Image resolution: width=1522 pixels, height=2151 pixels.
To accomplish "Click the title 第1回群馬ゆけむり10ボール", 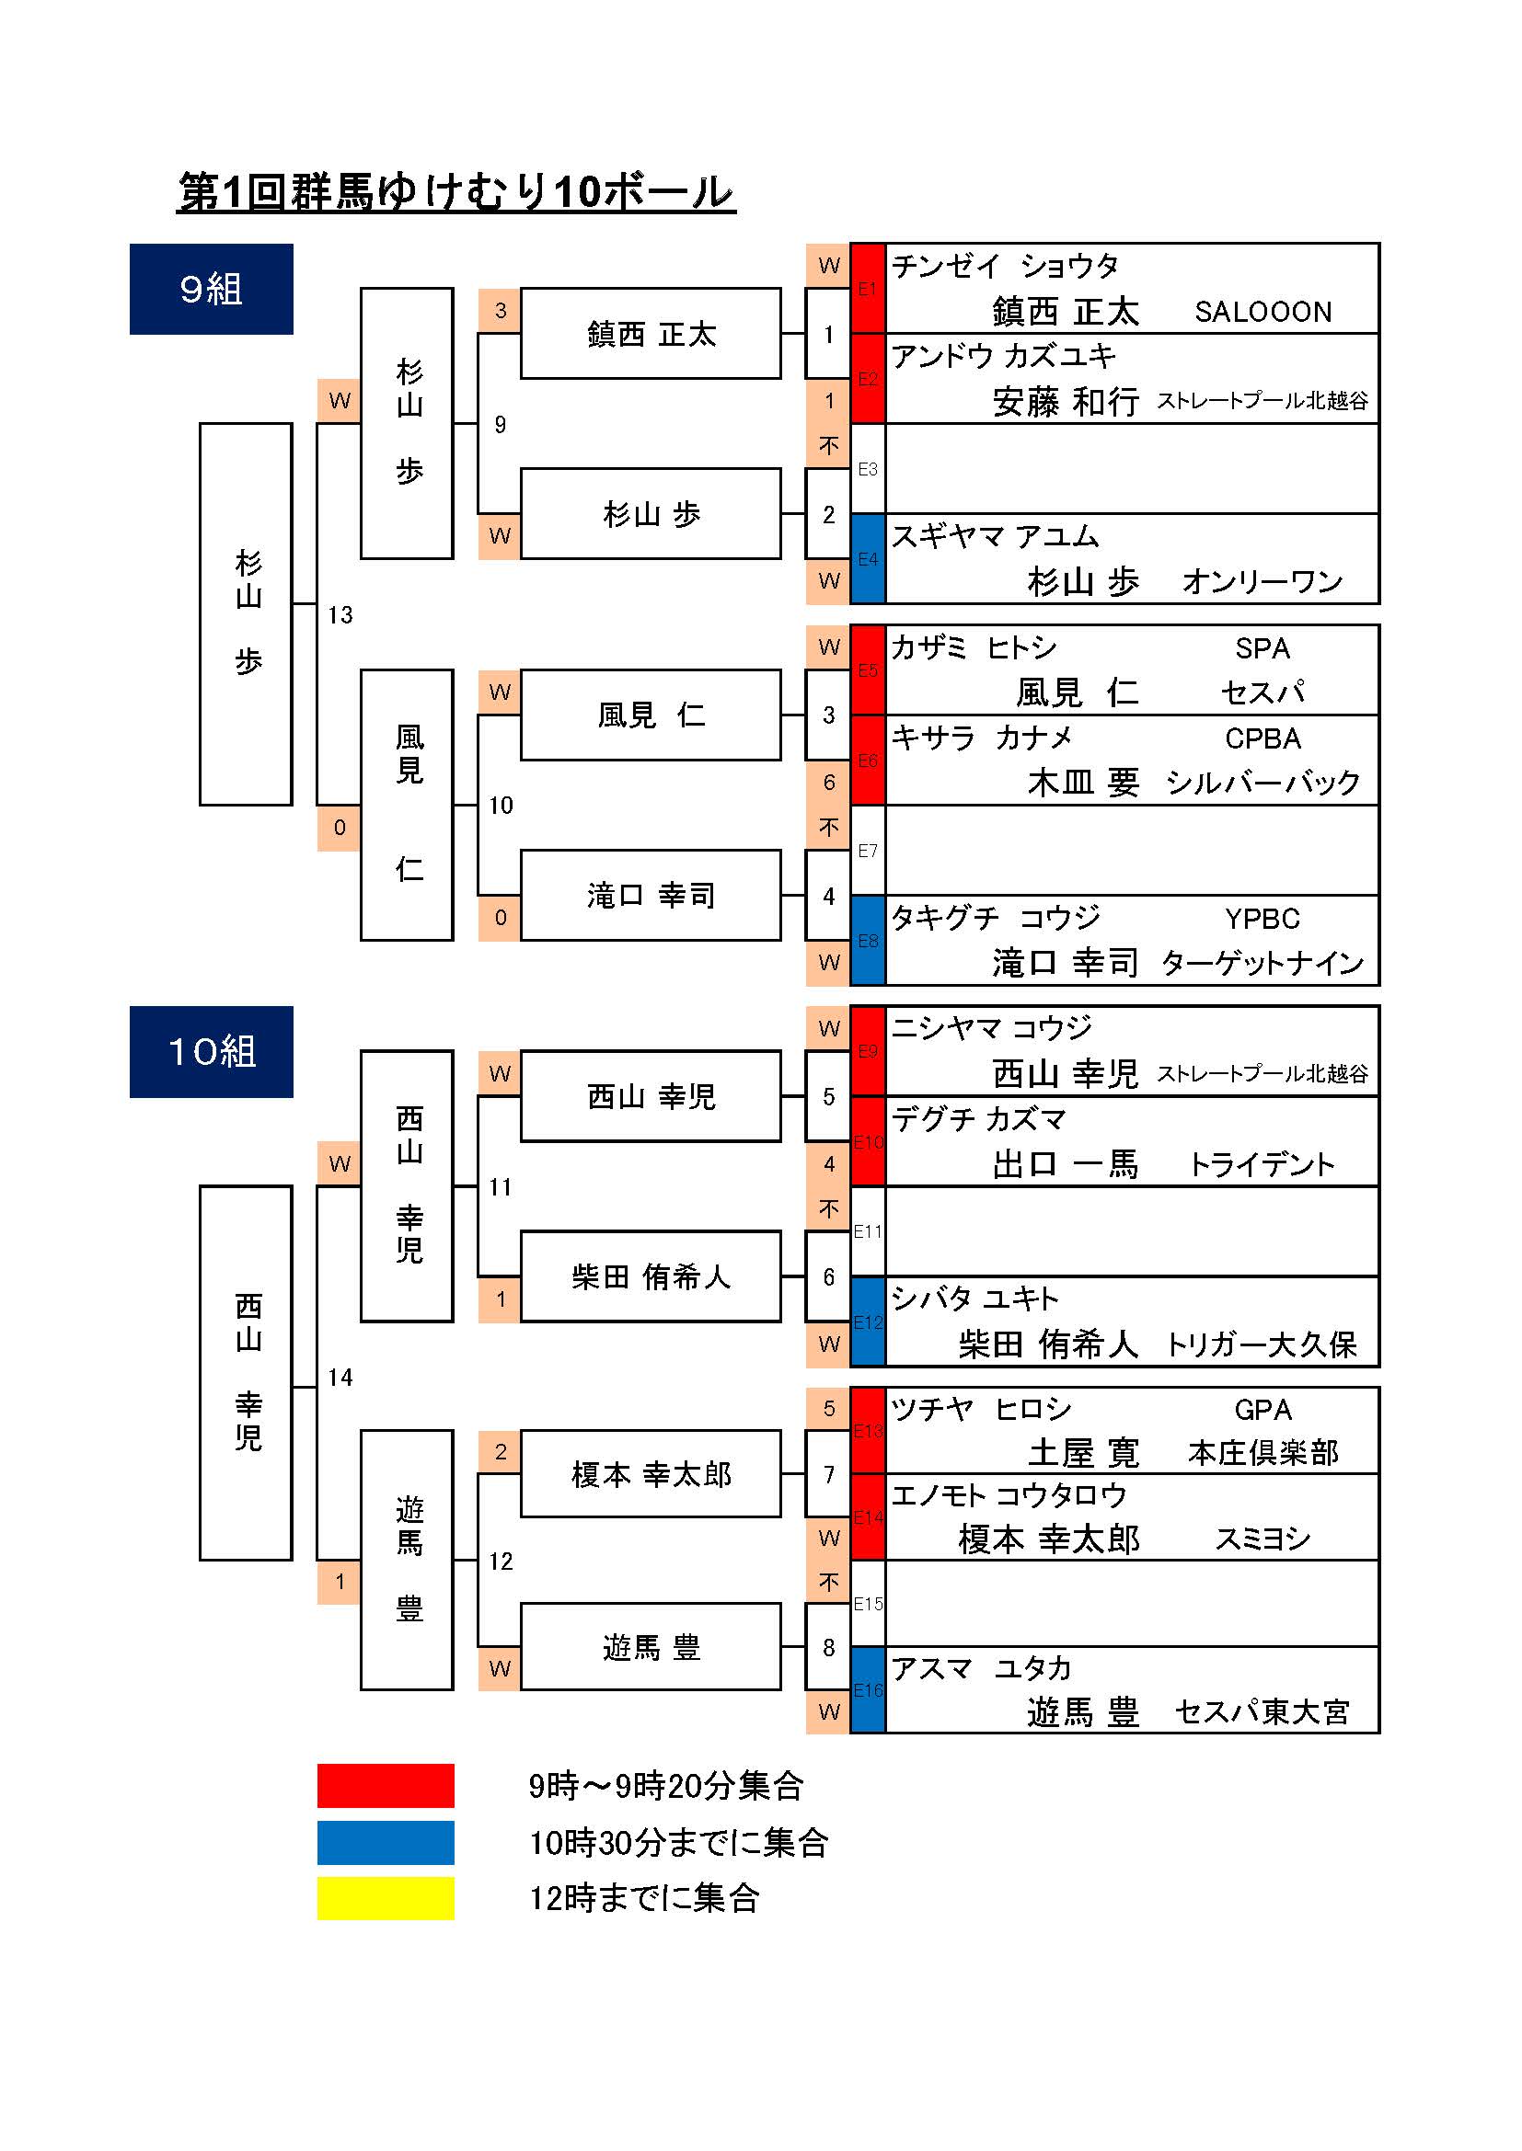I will coord(455,192).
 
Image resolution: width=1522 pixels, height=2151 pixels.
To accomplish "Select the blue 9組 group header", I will coord(211,289).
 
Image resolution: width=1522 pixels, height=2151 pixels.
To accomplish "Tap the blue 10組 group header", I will coord(211,1051).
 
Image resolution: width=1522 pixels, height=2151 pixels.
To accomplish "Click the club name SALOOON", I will coord(1263,312).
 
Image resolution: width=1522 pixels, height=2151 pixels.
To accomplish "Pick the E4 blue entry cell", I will coord(868,558).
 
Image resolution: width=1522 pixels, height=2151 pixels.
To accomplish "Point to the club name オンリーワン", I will coord(1263,582).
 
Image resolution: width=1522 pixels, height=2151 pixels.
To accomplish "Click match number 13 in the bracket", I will coord(340,614).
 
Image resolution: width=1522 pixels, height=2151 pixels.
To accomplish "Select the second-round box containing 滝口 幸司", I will coord(651,895).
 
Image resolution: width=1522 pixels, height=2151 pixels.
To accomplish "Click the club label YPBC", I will coord(1263,919).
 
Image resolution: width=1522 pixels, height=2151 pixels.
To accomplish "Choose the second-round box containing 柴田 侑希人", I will coord(651,1276).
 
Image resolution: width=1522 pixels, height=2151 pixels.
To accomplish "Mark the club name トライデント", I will coord(1263,1164).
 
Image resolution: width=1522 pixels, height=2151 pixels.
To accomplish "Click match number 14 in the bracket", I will coord(340,1378).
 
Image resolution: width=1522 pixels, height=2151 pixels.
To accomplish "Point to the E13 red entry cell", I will coord(868,1431).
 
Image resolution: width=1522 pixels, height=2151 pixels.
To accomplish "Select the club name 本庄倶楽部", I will coord(1263,1453).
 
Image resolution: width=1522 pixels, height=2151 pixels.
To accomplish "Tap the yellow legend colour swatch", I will coord(386,1898).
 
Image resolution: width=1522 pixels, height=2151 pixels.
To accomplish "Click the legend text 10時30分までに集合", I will coord(678,1843).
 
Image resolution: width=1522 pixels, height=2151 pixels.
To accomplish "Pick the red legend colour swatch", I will coord(386,1786).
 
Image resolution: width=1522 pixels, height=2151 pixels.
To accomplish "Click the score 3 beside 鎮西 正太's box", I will coord(501,310).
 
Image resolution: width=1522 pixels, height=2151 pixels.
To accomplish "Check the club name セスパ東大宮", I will coord(1263,1711).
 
